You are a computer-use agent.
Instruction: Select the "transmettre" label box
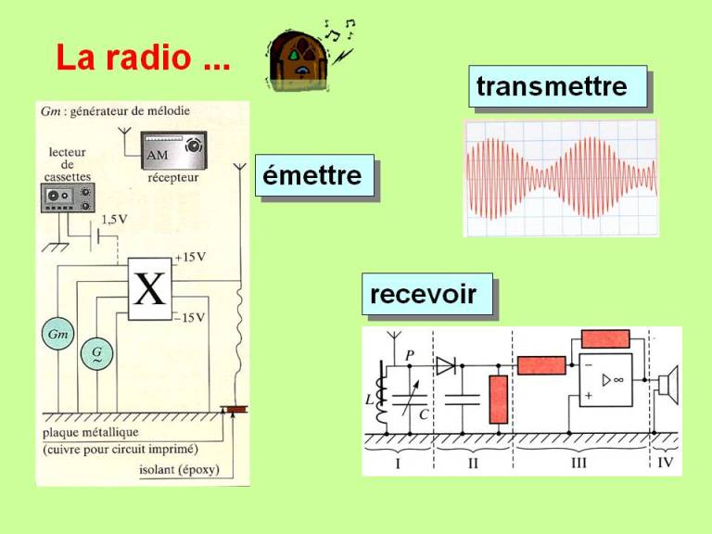point(554,87)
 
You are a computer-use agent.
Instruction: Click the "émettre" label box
point(313,175)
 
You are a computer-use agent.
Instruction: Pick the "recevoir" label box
point(426,295)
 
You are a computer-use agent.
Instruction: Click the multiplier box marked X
point(150,288)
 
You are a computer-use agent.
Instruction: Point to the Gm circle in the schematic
point(57,335)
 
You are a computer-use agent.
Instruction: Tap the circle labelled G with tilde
point(96,353)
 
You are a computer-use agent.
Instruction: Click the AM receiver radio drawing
point(173,150)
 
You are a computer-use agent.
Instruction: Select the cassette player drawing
point(69,198)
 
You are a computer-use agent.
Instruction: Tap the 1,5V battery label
point(115,221)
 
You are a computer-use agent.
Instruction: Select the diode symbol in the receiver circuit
point(446,365)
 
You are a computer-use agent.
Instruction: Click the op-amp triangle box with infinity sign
point(605,378)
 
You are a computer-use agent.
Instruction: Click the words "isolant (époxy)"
point(179,469)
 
